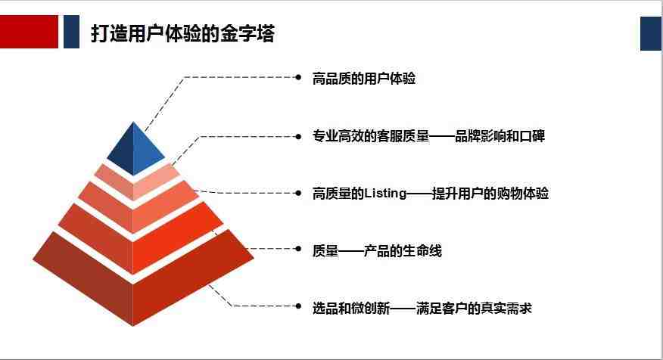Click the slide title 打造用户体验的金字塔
tap(182, 33)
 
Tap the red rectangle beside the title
tap(29, 32)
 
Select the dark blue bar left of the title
tap(71, 32)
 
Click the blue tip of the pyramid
tap(135, 149)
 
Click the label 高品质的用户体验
tap(363, 79)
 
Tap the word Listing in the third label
tap(385, 194)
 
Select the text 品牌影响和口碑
tap(500, 136)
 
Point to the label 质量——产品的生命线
tap(377, 251)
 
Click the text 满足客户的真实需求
tap(474, 309)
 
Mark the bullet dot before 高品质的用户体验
tap(298, 77)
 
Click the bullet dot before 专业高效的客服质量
tap(298, 136)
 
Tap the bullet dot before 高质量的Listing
tap(298, 193)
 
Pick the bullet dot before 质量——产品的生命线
tap(298, 249)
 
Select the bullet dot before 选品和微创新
tap(298, 306)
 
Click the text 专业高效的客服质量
tap(371, 136)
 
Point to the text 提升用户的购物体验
tap(490, 194)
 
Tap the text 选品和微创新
tap(351, 309)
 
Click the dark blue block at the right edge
tap(652, 34)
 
